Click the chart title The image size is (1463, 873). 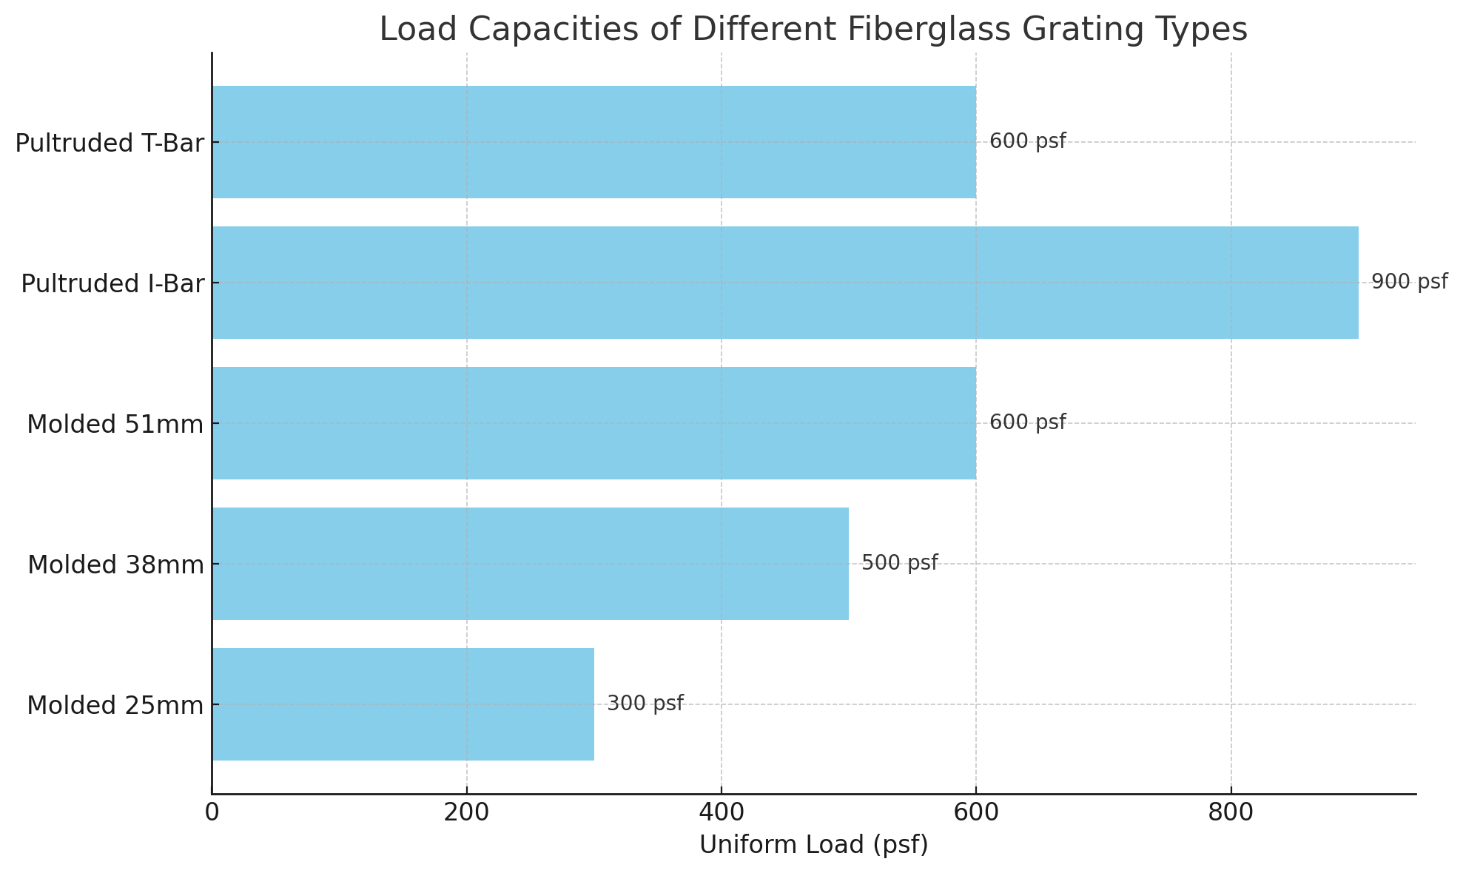click(813, 30)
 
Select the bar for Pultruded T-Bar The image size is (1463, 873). click(593, 142)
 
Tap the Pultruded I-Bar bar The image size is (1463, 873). click(784, 283)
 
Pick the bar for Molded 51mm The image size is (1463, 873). click(593, 423)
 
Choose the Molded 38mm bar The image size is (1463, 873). click(530, 564)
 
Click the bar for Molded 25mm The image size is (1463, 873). click(403, 704)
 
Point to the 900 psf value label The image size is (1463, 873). click(1409, 282)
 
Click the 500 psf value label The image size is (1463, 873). click(899, 563)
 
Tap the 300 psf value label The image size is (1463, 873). click(645, 704)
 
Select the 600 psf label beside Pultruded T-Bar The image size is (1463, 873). click(1027, 141)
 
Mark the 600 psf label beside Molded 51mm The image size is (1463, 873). click(1027, 422)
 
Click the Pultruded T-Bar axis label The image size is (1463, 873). click(110, 144)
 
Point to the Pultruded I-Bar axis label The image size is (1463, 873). click(112, 284)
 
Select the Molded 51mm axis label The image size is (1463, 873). click(115, 425)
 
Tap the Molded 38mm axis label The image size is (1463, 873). click(115, 565)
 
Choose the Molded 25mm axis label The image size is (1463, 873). click(115, 706)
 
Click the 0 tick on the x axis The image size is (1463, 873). click(212, 812)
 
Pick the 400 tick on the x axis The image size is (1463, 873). click(722, 812)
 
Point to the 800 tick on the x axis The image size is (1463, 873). click(1231, 812)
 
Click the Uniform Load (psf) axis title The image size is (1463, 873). click(813, 845)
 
